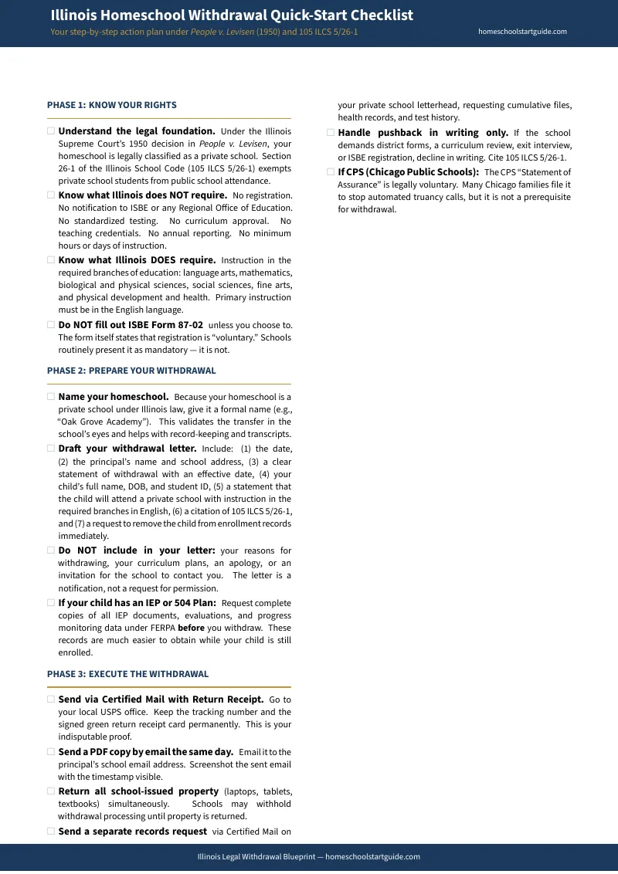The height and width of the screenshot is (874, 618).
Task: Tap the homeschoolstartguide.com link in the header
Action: click(x=522, y=32)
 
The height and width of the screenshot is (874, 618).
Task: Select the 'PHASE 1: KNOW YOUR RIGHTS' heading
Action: click(x=112, y=105)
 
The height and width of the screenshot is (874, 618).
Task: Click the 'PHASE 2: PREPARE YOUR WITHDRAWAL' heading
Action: click(x=131, y=371)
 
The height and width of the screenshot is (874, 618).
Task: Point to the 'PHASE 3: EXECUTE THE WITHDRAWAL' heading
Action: click(x=127, y=674)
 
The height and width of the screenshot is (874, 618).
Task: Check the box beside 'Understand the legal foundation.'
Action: click(x=51, y=131)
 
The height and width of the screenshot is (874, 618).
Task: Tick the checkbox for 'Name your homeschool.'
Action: click(x=51, y=397)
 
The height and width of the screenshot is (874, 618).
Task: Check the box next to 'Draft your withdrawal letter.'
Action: click(x=51, y=449)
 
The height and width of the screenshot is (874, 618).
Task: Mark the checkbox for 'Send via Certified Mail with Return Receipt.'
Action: click(x=51, y=700)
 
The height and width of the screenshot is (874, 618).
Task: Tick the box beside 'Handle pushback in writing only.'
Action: click(x=331, y=133)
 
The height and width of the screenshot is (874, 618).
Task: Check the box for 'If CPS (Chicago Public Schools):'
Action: click(x=331, y=172)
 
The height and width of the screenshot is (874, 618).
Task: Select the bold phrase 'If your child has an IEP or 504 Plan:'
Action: click(x=137, y=603)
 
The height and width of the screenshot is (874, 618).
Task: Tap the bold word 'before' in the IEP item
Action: click(x=191, y=628)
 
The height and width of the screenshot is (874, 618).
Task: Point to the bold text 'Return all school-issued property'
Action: click(x=138, y=791)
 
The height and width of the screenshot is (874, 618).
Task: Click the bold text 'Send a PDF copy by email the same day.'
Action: click(x=145, y=752)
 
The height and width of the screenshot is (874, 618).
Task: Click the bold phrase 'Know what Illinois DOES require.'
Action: click(x=137, y=260)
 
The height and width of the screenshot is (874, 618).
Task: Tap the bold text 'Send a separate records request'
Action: click(x=132, y=832)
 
